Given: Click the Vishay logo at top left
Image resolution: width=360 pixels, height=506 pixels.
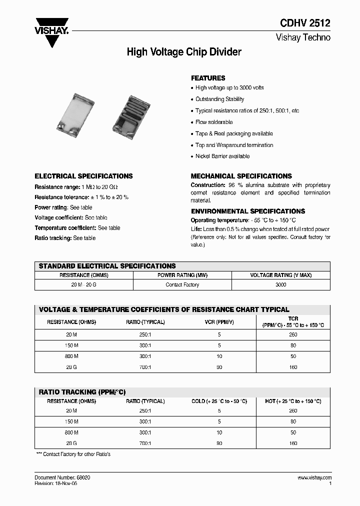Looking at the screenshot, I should (51, 30).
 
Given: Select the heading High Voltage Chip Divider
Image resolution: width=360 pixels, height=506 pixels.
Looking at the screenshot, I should (184, 52).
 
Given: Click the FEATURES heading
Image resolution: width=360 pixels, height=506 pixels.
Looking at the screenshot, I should (208, 78).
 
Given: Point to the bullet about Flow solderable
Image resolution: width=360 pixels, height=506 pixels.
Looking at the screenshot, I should (214, 122).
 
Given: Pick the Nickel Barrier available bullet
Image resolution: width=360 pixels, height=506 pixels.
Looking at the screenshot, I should (222, 156).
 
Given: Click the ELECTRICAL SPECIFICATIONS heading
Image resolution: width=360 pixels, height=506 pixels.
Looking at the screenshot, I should (83, 176).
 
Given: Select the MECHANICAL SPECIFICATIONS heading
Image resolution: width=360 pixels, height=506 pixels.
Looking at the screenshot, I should (241, 176).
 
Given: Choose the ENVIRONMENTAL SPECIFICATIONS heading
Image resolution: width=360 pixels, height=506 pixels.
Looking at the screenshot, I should (248, 211).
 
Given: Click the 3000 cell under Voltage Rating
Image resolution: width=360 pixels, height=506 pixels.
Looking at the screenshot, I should (281, 284).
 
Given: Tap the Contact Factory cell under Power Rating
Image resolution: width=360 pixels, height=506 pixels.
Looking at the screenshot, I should (182, 284).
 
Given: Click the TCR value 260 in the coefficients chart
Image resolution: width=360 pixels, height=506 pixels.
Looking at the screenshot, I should (293, 334).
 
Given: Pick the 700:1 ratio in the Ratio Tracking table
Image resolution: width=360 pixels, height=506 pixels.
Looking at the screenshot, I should (145, 443).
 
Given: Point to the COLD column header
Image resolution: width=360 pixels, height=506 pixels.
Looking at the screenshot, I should (219, 401).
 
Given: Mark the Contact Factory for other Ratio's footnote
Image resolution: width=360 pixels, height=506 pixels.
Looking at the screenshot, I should (73, 454).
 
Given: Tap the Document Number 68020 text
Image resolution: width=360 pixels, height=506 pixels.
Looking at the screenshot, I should (62, 478).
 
